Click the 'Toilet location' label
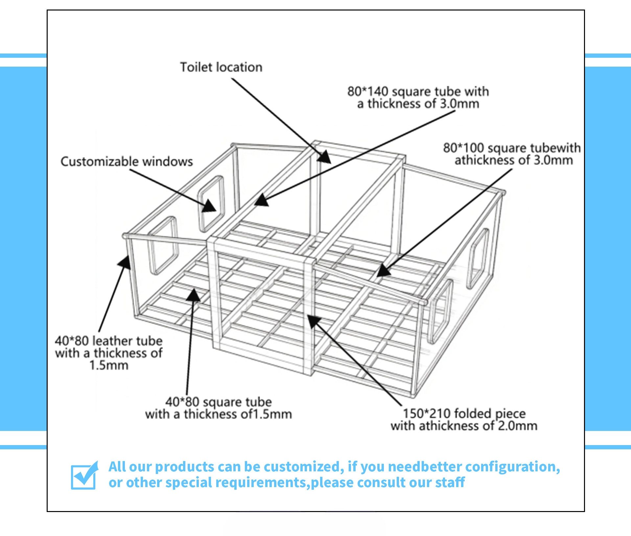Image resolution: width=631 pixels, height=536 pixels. (221, 67)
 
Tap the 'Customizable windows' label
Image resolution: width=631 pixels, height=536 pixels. (127, 161)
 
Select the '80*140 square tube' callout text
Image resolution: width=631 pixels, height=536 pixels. (418, 97)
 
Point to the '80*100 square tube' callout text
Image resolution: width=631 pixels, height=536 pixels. (512, 154)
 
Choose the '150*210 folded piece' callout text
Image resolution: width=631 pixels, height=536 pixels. (464, 419)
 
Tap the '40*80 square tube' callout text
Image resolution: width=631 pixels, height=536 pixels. (219, 408)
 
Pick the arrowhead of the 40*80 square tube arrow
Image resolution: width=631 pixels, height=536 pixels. (194, 295)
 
